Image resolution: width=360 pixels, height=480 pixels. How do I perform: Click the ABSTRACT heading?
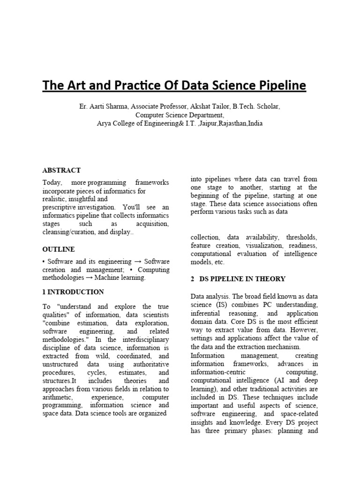[61, 170]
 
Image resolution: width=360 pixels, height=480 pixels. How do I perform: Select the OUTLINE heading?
[59, 249]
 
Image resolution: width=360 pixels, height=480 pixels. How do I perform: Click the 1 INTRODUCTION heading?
[73, 292]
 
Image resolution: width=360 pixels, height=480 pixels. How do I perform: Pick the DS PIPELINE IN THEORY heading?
[242, 279]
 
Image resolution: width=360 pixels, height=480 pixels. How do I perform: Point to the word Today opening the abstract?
[52, 182]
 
